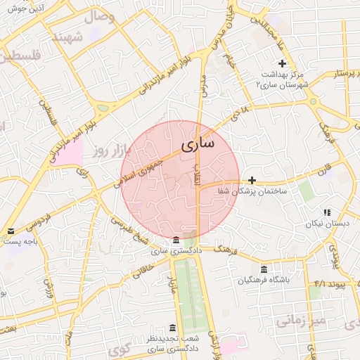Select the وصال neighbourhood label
point(99,15)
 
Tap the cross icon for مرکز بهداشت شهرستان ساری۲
point(282,64)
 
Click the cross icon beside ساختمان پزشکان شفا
point(252,180)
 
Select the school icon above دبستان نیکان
point(326,212)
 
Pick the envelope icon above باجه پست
point(10,231)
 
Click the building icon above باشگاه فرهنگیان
point(264,269)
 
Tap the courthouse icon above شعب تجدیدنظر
point(172,328)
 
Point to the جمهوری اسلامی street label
point(138,169)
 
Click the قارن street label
point(323,170)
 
